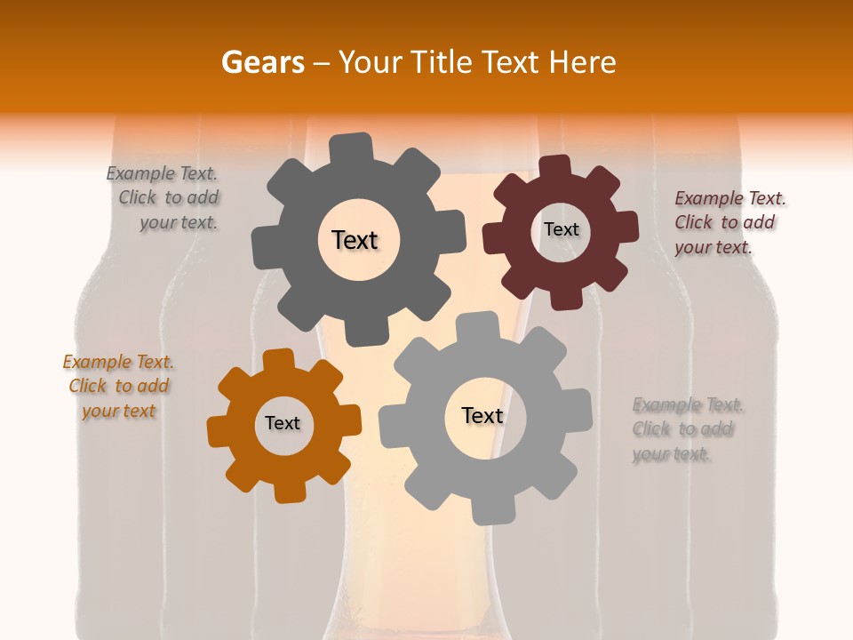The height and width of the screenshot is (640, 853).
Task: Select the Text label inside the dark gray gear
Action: point(355,240)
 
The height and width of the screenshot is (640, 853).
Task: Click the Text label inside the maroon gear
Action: point(561,229)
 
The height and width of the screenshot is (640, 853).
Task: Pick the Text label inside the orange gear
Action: point(283,423)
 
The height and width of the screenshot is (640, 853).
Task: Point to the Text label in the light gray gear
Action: point(482,415)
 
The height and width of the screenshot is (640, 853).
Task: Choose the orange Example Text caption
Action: point(118,387)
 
